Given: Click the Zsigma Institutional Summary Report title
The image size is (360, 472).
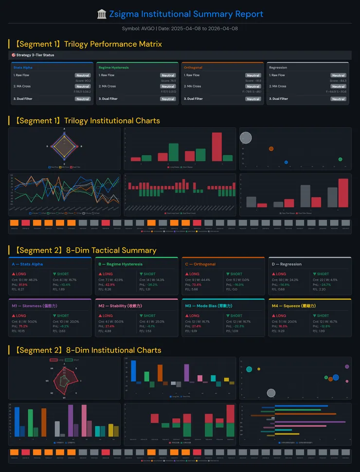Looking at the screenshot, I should click(186, 14).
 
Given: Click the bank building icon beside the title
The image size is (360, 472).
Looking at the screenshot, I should click(102, 14).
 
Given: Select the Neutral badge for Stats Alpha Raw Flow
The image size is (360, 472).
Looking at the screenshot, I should click(83, 75).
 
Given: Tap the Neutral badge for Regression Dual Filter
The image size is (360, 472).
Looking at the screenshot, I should click(339, 99).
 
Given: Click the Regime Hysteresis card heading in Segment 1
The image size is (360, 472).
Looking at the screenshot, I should click(113, 68).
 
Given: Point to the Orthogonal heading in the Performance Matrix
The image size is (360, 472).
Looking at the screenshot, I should click(193, 68).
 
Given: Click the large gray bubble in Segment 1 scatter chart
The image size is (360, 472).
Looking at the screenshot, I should click(246, 138).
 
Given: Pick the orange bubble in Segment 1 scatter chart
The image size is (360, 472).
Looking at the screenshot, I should click(271, 149).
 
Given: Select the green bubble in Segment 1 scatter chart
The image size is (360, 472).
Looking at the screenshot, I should click(340, 159).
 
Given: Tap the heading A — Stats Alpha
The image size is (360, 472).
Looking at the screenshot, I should click(27, 264).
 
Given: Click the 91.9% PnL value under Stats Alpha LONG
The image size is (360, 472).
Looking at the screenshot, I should click(23, 285).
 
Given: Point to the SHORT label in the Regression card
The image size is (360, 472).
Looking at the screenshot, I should click(323, 274).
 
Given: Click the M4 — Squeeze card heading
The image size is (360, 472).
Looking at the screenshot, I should click(292, 306).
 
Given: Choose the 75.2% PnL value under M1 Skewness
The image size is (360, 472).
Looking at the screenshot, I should click(23, 326).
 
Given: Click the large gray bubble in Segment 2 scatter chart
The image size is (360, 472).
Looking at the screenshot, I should click(271, 393).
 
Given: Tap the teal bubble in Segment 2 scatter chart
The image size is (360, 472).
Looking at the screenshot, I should click(250, 369).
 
